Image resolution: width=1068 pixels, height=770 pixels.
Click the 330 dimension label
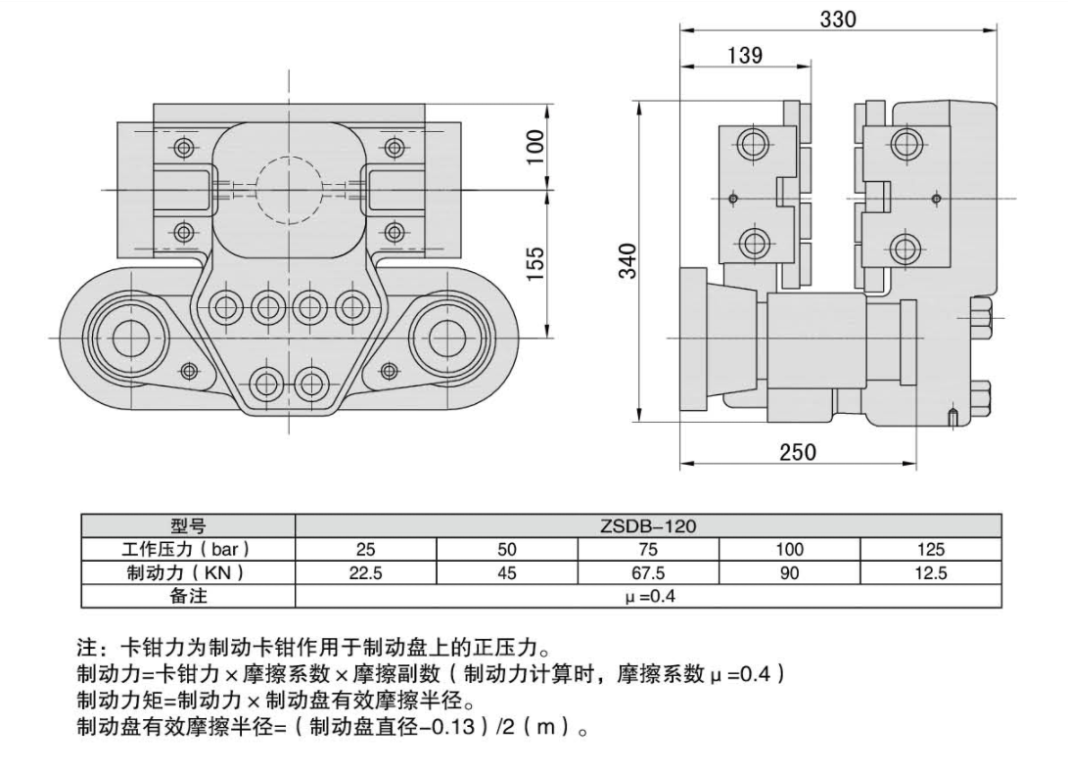[x=839, y=19]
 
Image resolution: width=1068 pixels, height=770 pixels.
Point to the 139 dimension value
[x=745, y=56]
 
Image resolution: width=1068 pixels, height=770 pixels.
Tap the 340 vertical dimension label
[x=627, y=260]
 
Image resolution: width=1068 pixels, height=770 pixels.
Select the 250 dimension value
[x=798, y=452]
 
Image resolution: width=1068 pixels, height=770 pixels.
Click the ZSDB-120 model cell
[x=647, y=526]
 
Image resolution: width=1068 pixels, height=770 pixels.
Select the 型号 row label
[x=188, y=526]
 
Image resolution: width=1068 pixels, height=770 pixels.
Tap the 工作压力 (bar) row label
[x=188, y=550]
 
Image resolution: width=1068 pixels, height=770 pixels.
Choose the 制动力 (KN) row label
[x=188, y=573]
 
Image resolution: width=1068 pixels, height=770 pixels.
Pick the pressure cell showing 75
[x=647, y=550]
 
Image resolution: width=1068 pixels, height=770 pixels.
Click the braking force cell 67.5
[x=647, y=573]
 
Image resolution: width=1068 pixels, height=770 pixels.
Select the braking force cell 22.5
[x=365, y=573]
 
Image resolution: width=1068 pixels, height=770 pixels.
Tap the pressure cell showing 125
[x=930, y=550]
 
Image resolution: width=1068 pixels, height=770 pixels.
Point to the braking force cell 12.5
[x=930, y=573]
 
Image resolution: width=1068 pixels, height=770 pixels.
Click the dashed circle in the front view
[x=289, y=189]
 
